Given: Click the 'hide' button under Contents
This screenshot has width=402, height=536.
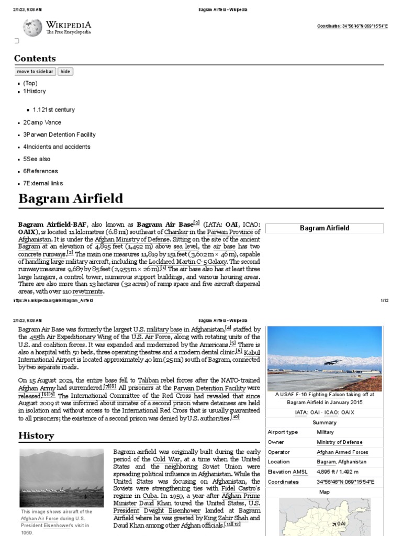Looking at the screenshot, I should (x=65, y=71).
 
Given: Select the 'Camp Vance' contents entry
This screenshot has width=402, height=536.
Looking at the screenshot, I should (x=42, y=122).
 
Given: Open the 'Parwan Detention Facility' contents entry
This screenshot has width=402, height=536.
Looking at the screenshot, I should (x=59, y=135).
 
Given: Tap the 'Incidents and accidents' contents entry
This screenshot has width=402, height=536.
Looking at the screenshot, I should (x=57, y=147).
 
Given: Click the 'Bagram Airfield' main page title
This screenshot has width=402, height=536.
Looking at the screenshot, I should (x=71, y=199).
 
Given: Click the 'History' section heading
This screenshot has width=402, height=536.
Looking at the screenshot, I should (x=36, y=435).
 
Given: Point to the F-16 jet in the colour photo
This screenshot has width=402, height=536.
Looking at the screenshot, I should (x=332, y=362).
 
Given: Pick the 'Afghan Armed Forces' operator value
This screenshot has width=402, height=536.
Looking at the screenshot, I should (x=342, y=452).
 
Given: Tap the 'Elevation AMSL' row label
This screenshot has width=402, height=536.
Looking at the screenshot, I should (x=287, y=472).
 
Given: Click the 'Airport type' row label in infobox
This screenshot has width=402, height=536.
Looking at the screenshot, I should (x=283, y=432).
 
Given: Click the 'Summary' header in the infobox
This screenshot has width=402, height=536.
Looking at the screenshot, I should (x=325, y=422).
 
